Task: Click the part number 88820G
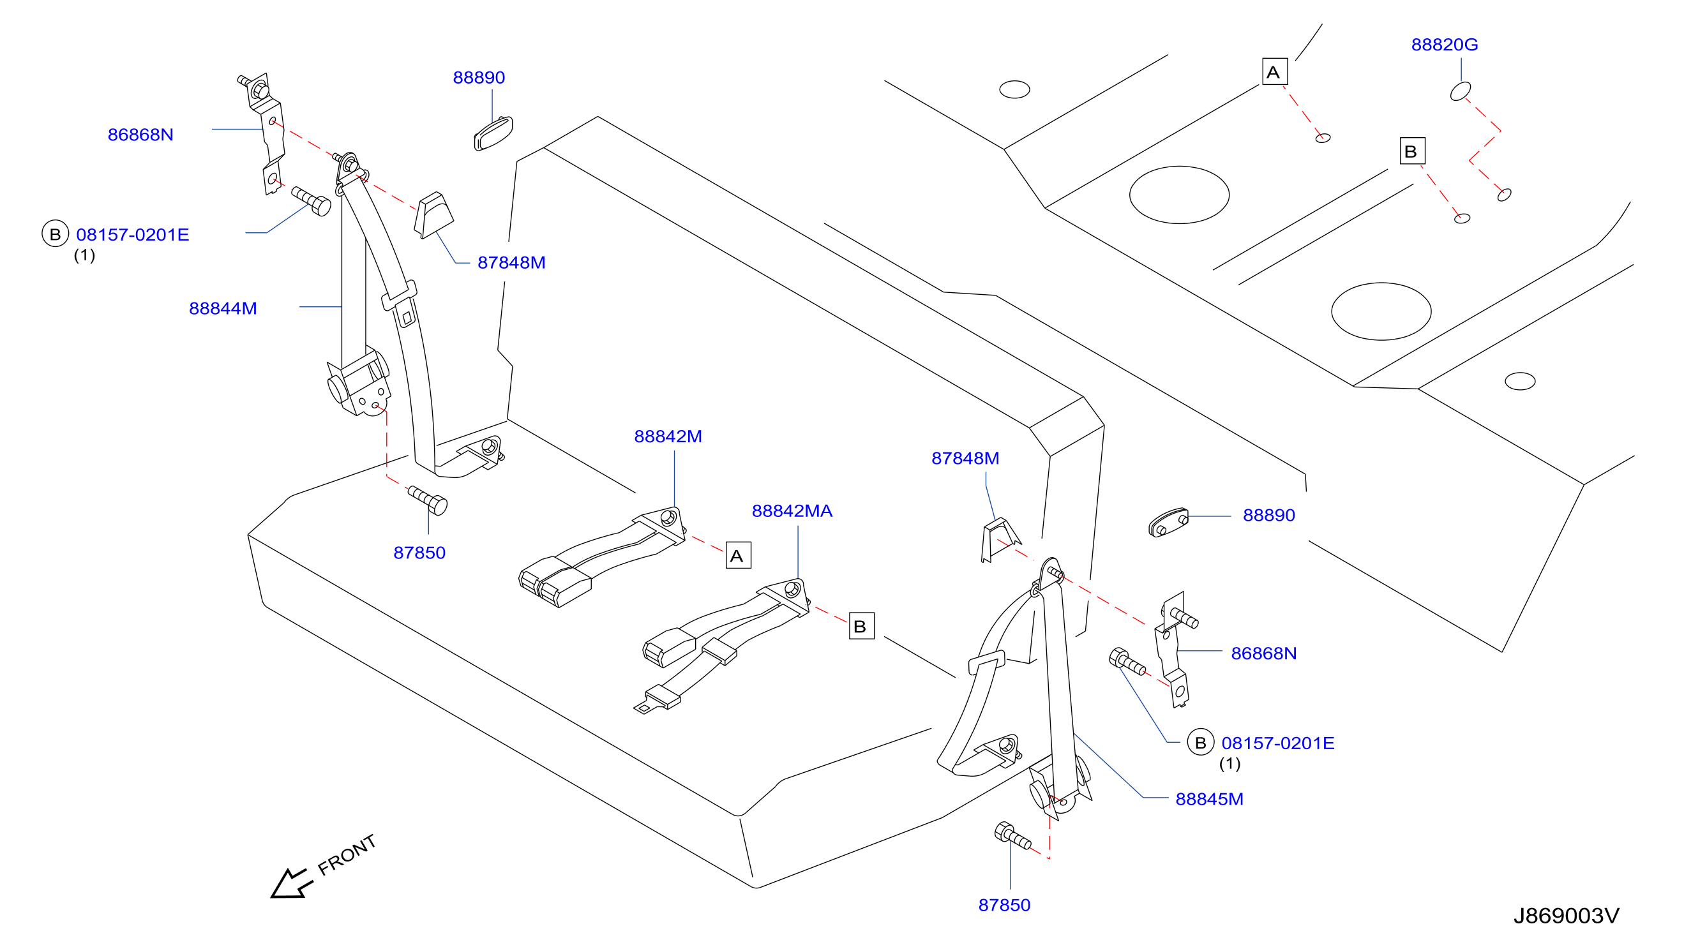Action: pyautogui.click(x=1444, y=45)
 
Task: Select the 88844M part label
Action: pyautogui.click(x=223, y=308)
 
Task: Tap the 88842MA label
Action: pyautogui.click(x=792, y=511)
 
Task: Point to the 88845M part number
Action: pyautogui.click(x=1209, y=800)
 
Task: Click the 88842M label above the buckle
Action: pyautogui.click(x=668, y=436)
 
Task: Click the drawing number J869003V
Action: pyautogui.click(x=1566, y=916)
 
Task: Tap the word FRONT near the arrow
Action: pyautogui.click(x=347, y=855)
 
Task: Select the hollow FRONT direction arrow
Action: pyautogui.click(x=292, y=884)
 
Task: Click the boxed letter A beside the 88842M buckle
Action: pyautogui.click(x=738, y=556)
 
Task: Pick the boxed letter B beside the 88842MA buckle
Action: pyautogui.click(x=861, y=626)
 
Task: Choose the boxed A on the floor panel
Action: pyautogui.click(x=1274, y=71)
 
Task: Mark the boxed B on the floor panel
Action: pyautogui.click(x=1411, y=151)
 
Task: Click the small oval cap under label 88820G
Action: pyautogui.click(x=1460, y=91)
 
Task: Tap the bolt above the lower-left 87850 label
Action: pyautogui.click(x=428, y=500)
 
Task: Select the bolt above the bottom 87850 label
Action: pyautogui.click(x=1012, y=835)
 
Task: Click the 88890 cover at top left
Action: pyautogui.click(x=493, y=133)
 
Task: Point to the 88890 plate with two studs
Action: pyautogui.click(x=1169, y=522)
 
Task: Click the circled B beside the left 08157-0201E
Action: pyautogui.click(x=55, y=234)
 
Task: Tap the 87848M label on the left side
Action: pyautogui.click(x=511, y=263)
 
